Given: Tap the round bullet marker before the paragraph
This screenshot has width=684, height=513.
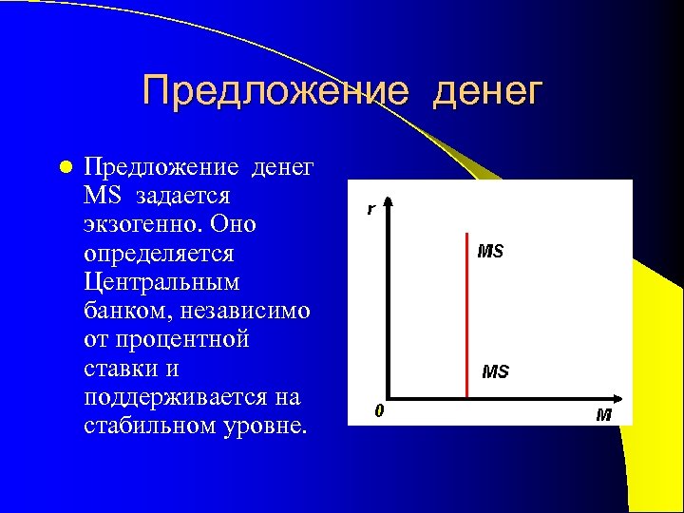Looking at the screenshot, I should point(64,168).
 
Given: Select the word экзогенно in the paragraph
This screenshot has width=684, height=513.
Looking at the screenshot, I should point(142,225).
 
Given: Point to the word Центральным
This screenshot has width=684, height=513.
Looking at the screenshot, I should point(161,282).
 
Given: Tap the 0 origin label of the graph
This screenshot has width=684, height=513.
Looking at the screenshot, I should point(379,411).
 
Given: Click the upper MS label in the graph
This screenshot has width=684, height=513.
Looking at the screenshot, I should point(490,252).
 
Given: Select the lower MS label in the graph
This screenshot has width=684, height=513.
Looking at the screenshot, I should point(495,371).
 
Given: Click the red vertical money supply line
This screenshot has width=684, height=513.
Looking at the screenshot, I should point(467,313).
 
